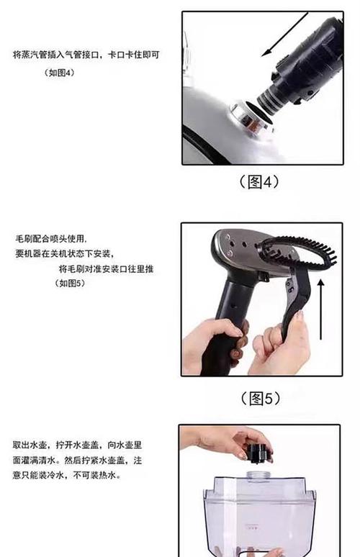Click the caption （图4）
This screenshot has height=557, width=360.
(259, 182)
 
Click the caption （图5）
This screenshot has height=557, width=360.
(261, 399)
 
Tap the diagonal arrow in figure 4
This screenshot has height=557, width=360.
(284, 34)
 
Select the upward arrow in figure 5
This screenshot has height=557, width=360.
(320, 309)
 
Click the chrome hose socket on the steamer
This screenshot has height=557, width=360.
(251, 118)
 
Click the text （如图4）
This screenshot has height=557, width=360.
(59, 73)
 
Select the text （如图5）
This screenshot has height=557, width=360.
(71, 283)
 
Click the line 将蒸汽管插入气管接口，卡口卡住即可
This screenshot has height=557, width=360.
(86, 55)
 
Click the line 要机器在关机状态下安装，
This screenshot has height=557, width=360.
(64, 253)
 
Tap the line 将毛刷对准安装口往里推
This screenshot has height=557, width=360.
(106, 268)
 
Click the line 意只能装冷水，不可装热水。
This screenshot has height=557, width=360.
(67, 475)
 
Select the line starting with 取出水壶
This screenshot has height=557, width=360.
(77, 445)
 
